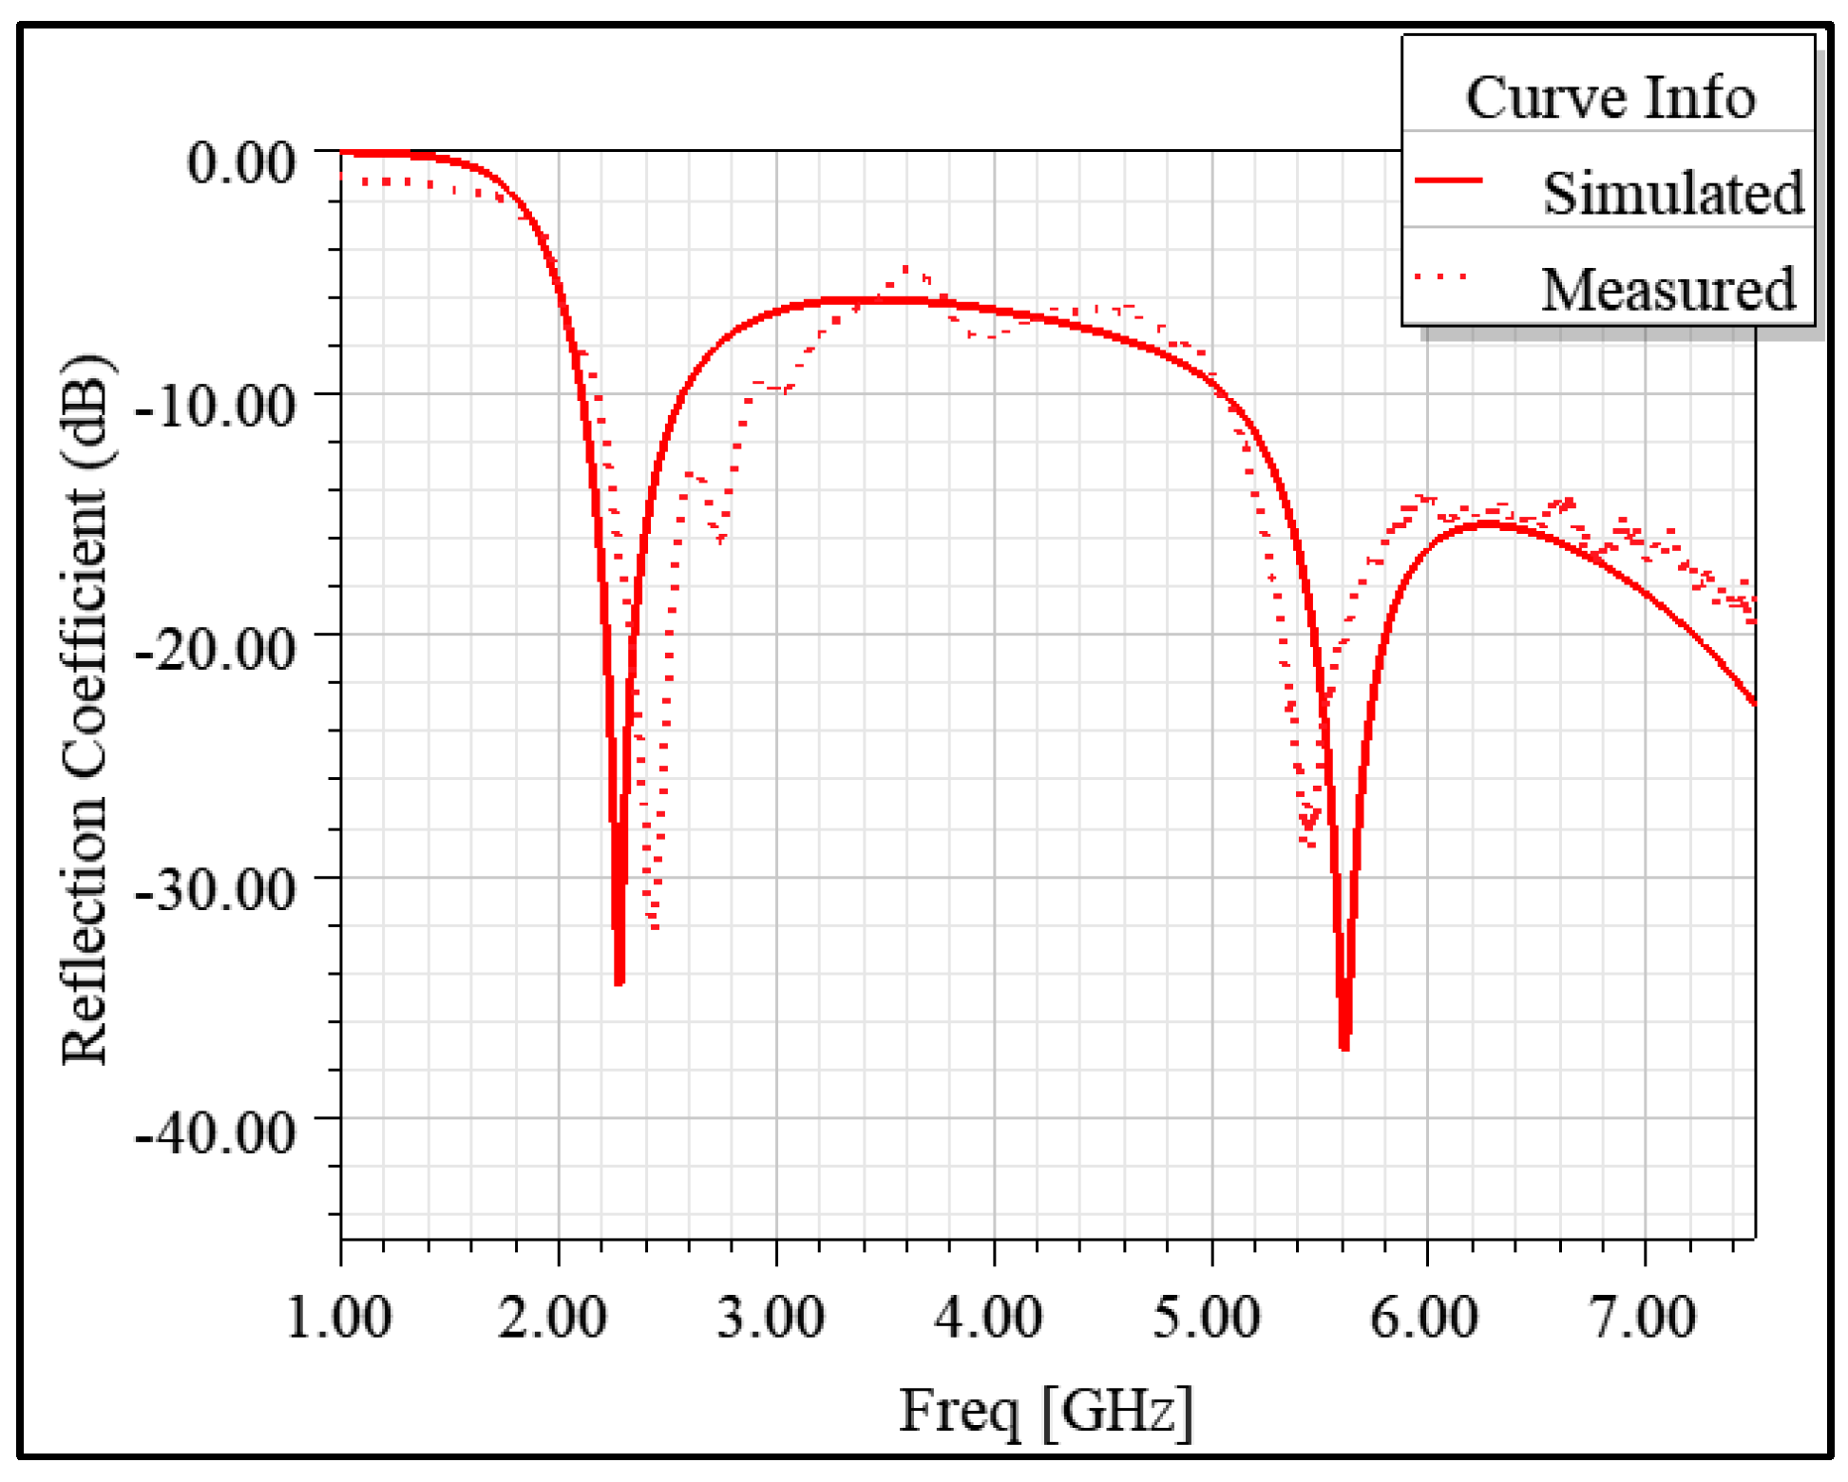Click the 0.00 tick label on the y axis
[x=241, y=162]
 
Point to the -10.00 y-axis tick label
[x=216, y=406]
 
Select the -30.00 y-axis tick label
[x=216, y=889]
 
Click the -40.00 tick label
[x=216, y=1131]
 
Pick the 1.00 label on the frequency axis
[x=339, y=1318]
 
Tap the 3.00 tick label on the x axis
[x=771, y=1318]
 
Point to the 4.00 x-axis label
[x=988, y=1318]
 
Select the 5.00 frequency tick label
[x=1207, y=1318]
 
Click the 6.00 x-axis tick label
[x=1423, y=1318]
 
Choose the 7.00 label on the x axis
[x=1642, y=1318]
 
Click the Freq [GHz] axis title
[x=1045, y=1412]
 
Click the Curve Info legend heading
[x=1610, y=97]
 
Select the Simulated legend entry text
[x=1672, y=193]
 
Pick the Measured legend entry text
[x=1668, y=289]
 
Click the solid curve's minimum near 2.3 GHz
[x=619, y=982]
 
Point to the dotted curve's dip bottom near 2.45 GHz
[x=654, y=926]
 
